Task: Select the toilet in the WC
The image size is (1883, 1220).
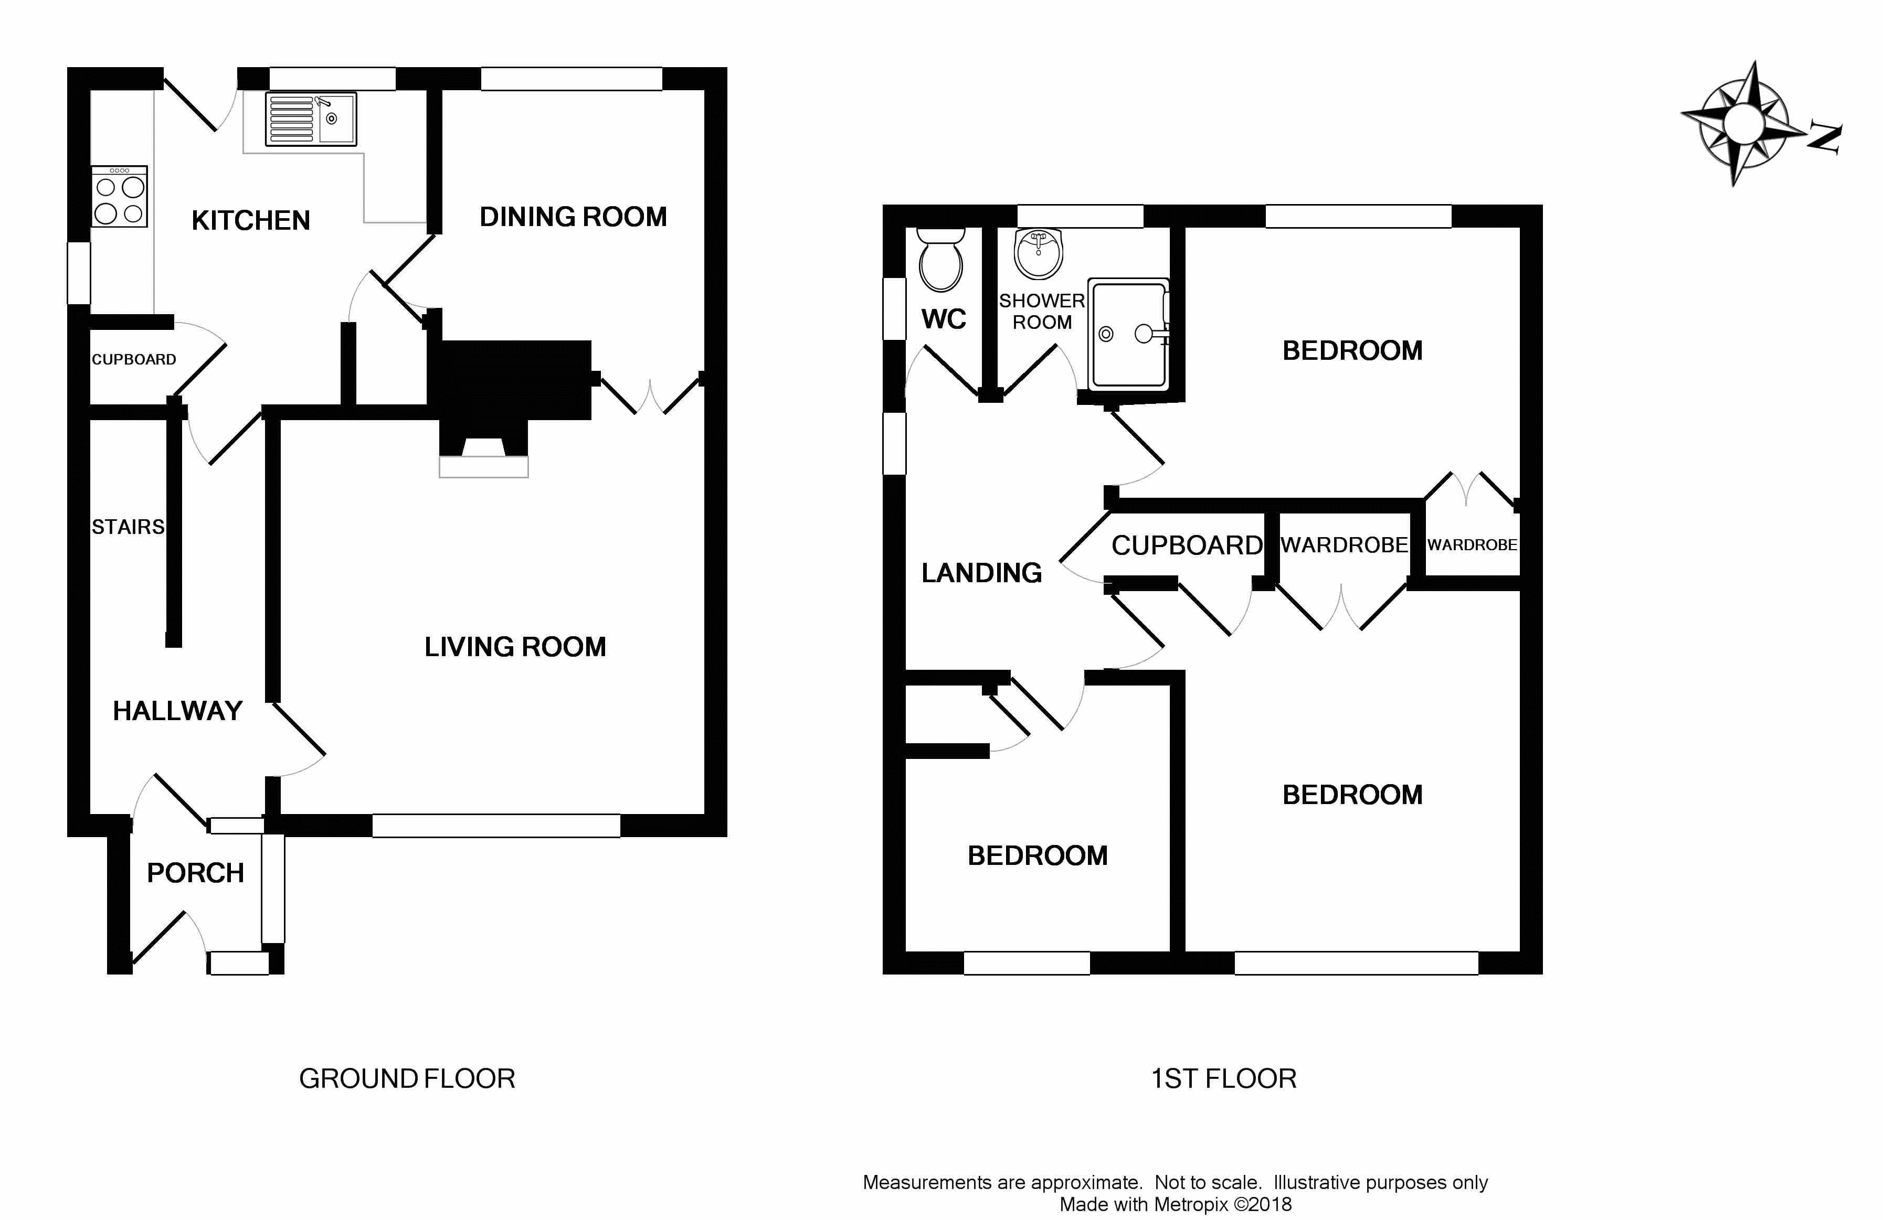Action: [x=940, y=259]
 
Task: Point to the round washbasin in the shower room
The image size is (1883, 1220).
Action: [x=1038, y=254]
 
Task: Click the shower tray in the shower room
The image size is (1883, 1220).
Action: [x=1129, y=334]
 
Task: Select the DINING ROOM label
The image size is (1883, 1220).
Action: [x=573, y=217]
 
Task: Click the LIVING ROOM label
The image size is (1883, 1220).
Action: [x=515, y=647]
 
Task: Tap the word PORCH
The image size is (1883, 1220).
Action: [x=195, y=873]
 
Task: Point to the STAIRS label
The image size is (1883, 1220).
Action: [x=128, y=527]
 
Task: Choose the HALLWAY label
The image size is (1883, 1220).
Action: [x=177, y=711]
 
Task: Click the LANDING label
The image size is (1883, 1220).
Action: [x=981, y=572]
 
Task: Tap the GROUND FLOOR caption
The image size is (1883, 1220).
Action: [x=407, y=1078]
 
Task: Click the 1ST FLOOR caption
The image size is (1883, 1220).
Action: [x=1223, y=1078]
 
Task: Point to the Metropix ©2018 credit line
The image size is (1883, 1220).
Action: [x=1175, y=1204]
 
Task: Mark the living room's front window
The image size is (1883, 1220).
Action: [x=496, y=826]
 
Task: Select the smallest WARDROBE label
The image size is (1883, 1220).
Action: [x=1472, y=545]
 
